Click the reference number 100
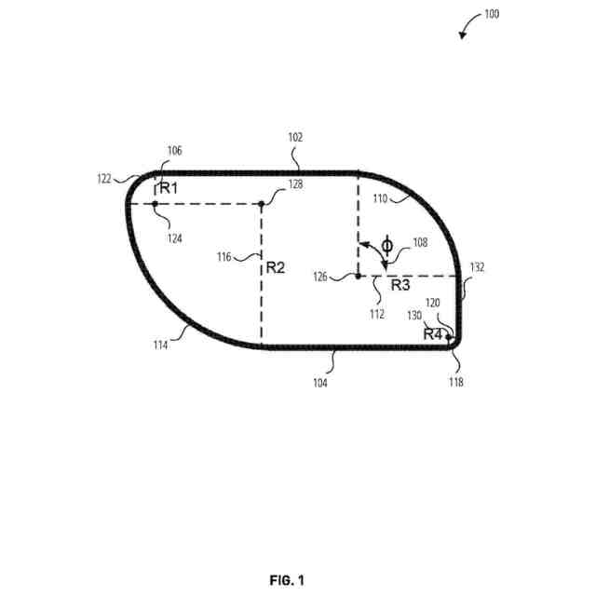pos(491,15)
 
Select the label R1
pos(168,188)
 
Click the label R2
pos(276,267)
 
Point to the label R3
pos(400,286)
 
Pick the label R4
pos(432,333)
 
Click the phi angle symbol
pos(387,246)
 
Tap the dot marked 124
pos(155,204)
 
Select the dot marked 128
pos(262,204)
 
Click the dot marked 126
pos(358,276)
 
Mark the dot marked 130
pos(448,336)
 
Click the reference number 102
pos(295,137)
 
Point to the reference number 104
pos(320,382)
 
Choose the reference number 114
pos(161,345)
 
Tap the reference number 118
pos(456,381)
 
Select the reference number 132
pos(478,267)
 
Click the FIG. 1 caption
pos(287,580)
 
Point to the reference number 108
pos(420,242)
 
